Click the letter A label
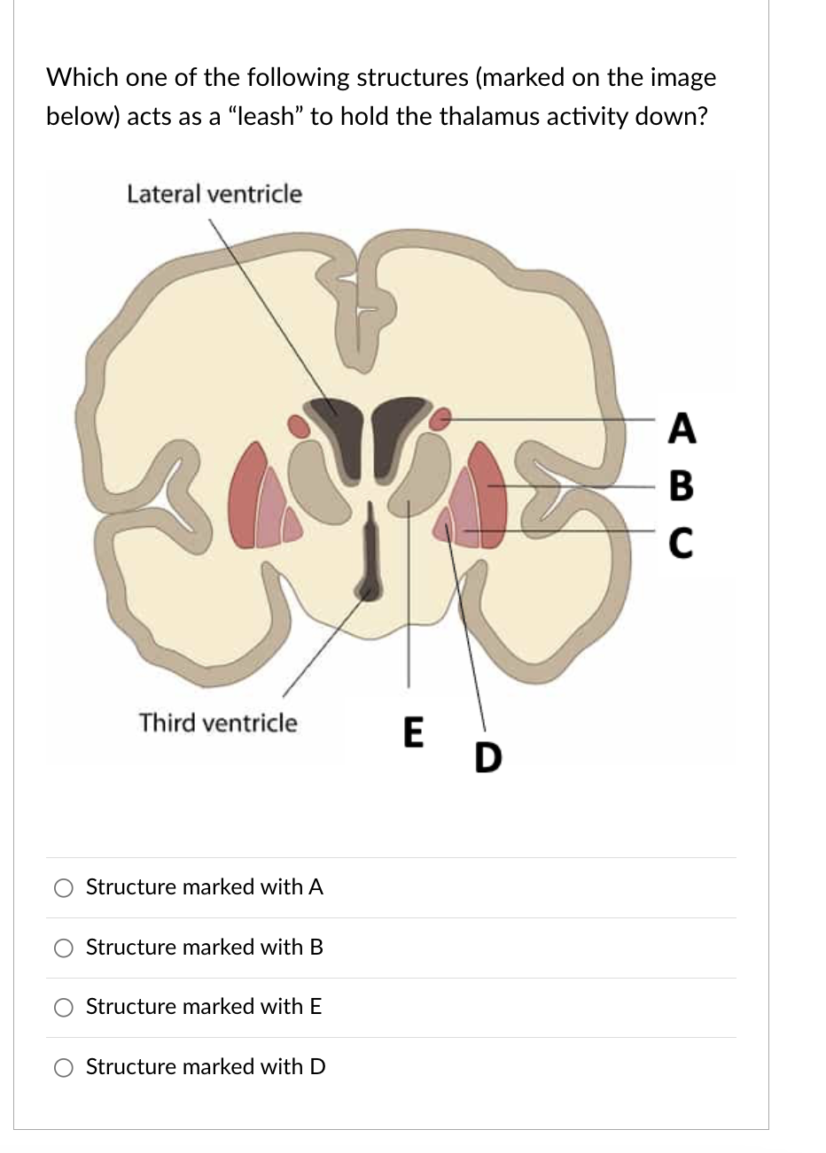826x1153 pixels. click(x=681, y=429)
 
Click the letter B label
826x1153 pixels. click(x=681, y=485)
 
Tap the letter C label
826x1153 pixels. click(x=681, y=542)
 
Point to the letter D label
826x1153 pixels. click(x=487, y=758)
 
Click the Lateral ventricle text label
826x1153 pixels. click(x=214, y=193)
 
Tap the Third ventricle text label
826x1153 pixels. click(x=218, y=723)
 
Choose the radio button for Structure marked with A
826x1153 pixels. click(x=64, y=887)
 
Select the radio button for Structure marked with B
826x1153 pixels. click(x=64, y=948)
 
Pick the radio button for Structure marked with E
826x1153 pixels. click(x=64, y=1007)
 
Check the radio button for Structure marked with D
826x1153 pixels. click(x=64, y=1067)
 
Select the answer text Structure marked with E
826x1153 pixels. click(x=204, y=1007)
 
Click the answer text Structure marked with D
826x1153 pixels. click(x=206, y=1067)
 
